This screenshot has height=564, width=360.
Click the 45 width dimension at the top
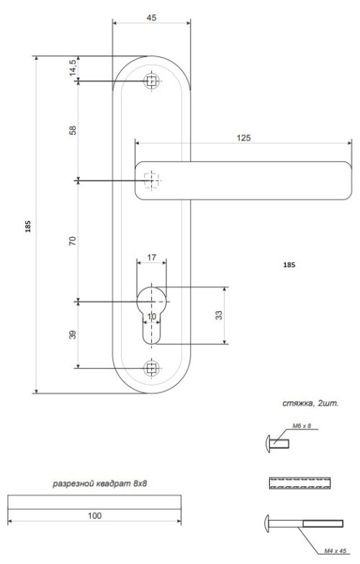coord(151,17)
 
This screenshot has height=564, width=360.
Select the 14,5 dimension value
coord(73,67)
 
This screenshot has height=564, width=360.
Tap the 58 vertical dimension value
coord(73,130)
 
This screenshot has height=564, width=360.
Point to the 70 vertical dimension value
coord(73,241)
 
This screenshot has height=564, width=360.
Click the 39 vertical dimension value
coord(73,334)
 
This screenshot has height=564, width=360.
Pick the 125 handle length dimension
coord(243,138)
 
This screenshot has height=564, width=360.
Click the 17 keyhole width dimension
coord(151,257)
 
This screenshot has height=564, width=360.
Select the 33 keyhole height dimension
coord(219,315)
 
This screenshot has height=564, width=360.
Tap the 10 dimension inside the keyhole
coord(152,316)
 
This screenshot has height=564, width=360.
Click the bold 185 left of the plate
coord(28,226)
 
